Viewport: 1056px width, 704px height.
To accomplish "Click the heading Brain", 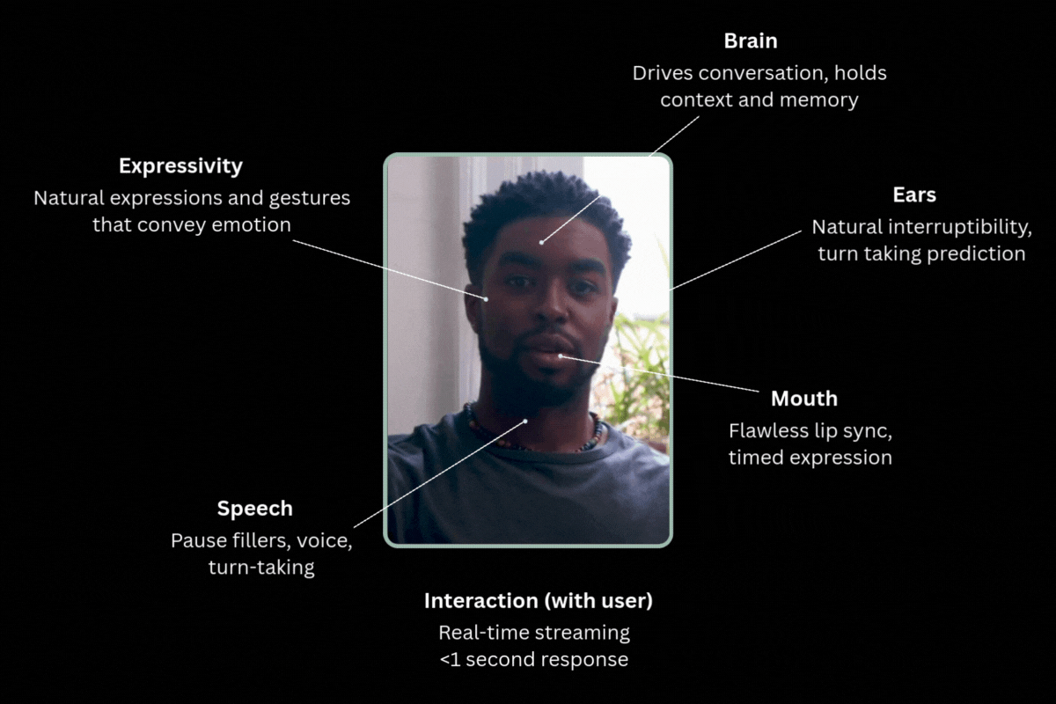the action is pos(751,41).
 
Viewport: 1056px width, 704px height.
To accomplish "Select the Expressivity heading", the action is pos(180,165).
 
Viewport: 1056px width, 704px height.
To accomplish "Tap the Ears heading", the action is pos(914,195).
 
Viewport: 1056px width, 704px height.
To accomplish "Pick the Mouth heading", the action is pos(803,399).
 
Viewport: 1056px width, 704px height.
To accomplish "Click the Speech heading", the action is pos(254,509).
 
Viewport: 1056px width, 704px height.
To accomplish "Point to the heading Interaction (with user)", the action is pos(538,601).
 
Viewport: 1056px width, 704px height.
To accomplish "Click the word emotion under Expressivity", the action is pos(251,225).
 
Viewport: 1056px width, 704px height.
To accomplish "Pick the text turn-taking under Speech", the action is pos(261,568).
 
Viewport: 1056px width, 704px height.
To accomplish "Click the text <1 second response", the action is pos(533,659).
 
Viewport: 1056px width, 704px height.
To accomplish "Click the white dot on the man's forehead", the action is pos(541,241).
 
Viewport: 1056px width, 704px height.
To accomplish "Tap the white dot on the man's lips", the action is pos(561,356).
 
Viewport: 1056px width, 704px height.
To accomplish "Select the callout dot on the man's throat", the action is pos(525,421).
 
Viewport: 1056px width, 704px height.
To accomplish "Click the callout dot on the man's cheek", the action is pos(487,298).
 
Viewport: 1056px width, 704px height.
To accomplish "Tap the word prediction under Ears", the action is pos(982,254).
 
